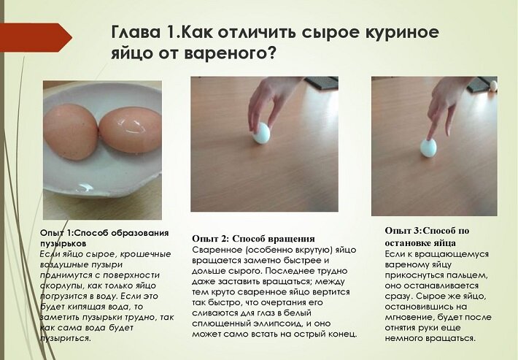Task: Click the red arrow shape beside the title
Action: click(35, 37)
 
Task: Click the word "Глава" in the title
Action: click(136, 32)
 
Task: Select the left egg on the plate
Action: click(70, 131)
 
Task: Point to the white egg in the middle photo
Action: click(262, 133)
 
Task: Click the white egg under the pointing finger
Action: click(428, 148)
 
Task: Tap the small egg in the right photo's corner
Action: click(493, 85)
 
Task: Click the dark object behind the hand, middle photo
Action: click(322, 83)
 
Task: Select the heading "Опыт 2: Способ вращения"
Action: click(253, 239)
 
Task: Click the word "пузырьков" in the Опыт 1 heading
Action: click(63, 244)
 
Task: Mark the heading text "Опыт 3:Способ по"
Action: click(427, 231)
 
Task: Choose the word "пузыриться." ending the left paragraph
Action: click(65, 339)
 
